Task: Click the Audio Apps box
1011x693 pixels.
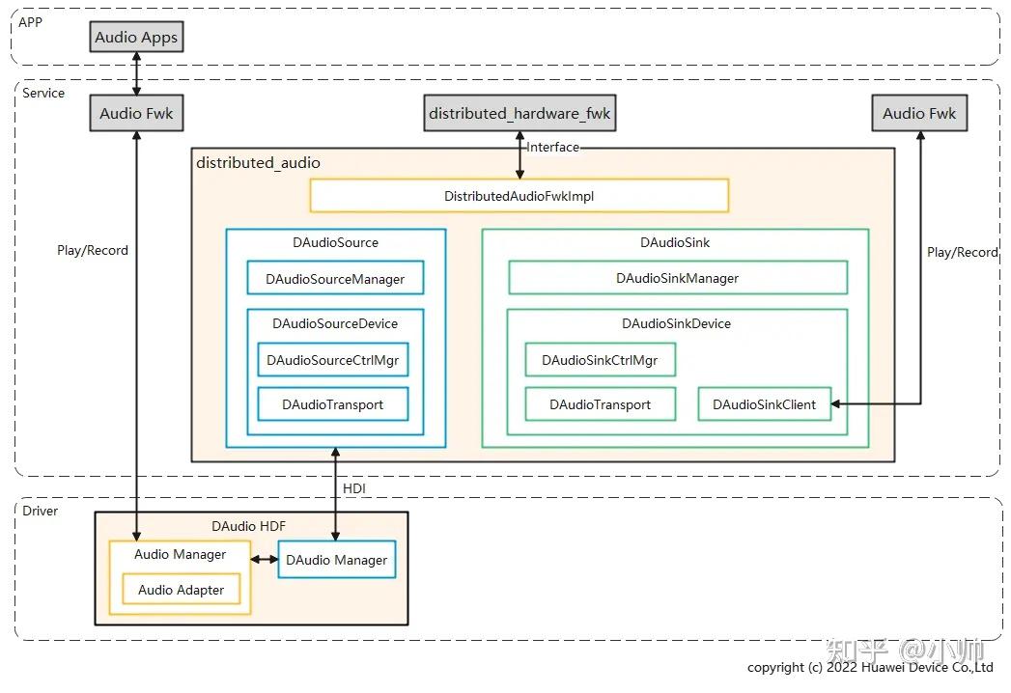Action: pos(136,37)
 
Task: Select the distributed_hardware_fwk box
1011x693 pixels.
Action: pos(520,114)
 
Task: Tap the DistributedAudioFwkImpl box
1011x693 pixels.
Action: pos(520,196)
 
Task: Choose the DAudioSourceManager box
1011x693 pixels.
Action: pos(335,278)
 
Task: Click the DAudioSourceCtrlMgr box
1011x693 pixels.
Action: pos(333,360)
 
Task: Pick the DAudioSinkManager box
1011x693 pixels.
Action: pos(678,278)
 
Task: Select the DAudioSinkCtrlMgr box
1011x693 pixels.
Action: pos(601,360)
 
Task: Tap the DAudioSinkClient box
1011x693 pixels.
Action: pos(764,404)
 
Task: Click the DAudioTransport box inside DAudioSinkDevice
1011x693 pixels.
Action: pos(601,404)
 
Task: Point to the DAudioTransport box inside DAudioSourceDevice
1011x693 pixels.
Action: pos(333,404)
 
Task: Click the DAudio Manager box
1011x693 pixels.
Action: pos(337,560)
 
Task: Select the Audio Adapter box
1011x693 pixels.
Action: pos(182,589)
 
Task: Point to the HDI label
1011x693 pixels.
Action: pos(354,488)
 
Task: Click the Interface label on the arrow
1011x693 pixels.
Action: pos(552,147)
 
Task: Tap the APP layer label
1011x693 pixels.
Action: pos(30,22)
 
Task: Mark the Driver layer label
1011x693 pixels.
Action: pos(40,511)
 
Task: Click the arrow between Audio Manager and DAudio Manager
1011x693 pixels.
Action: pos(265,559)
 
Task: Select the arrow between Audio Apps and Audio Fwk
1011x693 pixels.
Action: pos(137,73)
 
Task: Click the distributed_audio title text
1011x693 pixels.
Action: pos(258,162)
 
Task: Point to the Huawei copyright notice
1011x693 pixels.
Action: pos(870,667)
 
